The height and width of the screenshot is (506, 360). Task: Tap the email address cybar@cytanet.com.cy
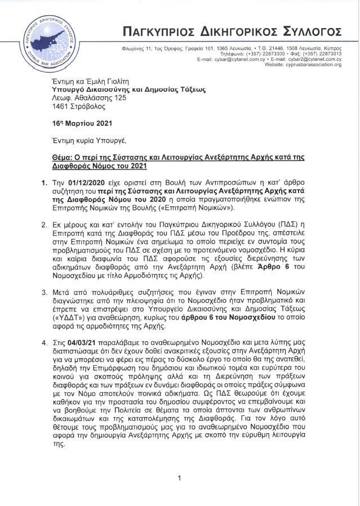point(239,59)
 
